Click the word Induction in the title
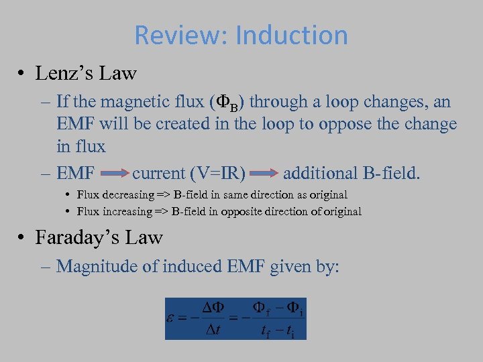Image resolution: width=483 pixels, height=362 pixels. click(x=291, y=36)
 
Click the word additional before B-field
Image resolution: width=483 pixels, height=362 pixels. click(x=318, y=174)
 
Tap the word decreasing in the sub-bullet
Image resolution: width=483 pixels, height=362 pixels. click(x=125, y=195)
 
